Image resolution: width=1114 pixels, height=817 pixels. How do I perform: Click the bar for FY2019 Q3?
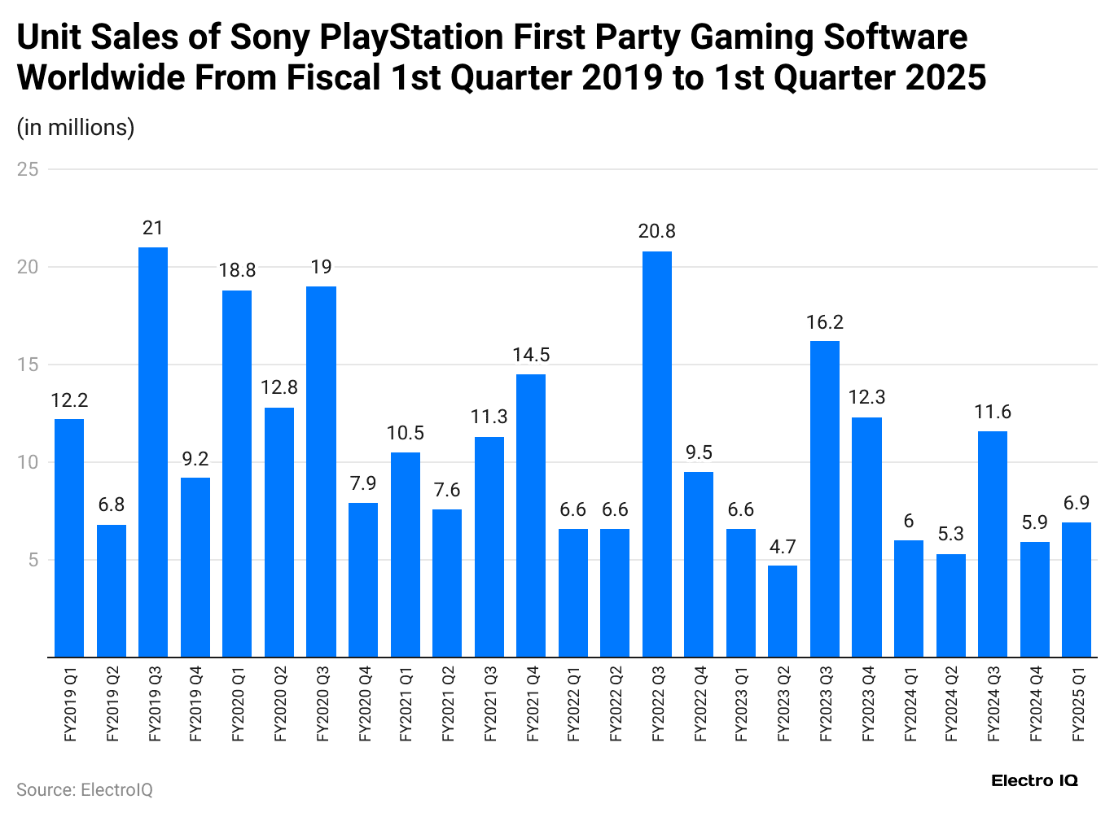pyautogui.click(x=153, y=452)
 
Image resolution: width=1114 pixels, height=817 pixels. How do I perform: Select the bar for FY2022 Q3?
pyautogui.click(x=657, y=453)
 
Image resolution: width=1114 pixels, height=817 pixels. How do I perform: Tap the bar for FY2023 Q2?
pyautogui.click(x=783, y=611)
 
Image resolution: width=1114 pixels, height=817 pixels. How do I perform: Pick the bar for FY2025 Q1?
pyautogui.click(x=1077, y=589)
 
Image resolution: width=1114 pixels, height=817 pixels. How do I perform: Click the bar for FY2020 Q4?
pyautogui.click(x=363, y=579)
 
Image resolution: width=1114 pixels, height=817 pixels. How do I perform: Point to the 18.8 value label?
pyautogui.click(x=237, y=270)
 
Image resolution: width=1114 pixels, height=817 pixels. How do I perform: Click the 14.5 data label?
pyautogui.click(x=531, y=355)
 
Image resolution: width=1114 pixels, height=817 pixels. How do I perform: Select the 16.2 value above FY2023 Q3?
pyautogui.click(x=825, y=322)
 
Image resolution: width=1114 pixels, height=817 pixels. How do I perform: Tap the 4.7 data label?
pyautogui.click(x=783, y=546)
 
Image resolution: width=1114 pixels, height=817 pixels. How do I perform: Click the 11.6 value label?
pyautogui.click(x=993, y=412)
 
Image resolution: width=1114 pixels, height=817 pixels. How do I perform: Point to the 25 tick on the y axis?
pyautogui.click(x=29, y=169)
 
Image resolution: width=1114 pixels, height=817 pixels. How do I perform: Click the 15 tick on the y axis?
pyautogui.click(x=29, y=365)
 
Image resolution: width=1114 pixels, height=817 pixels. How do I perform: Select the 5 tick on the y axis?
pyautogui.click(x=33, y=560)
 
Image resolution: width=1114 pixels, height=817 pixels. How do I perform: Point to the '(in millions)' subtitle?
pyautogui.click(x=76, y=128)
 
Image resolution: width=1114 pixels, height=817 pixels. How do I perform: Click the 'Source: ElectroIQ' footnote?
pyautogui.click(x=85, y=790)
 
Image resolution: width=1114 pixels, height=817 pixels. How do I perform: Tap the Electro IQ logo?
pyautogui.click(x=1034, y=780)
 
